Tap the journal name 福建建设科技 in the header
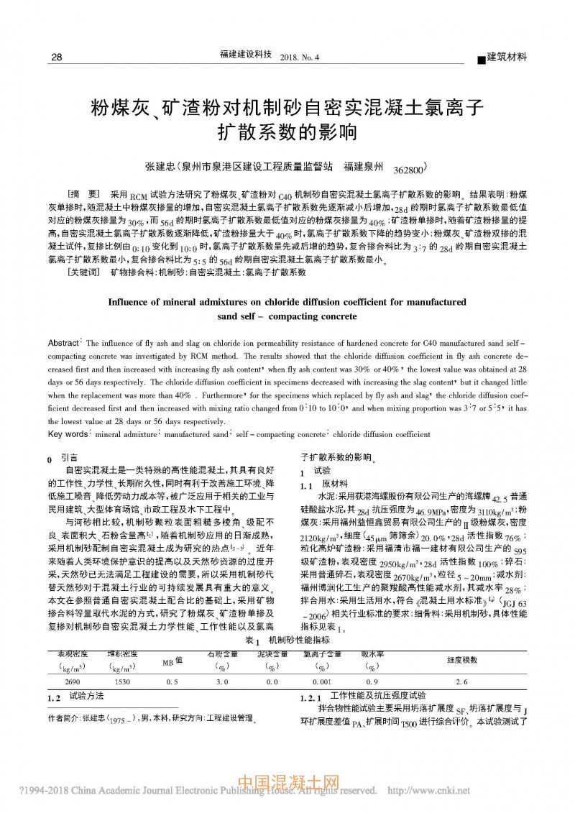pos(244,55)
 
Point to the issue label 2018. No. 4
pos(299,57)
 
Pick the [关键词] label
pos(83,272)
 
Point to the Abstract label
pos(65,342)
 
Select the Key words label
pos(66,434)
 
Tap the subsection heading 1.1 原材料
pos(324,484)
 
